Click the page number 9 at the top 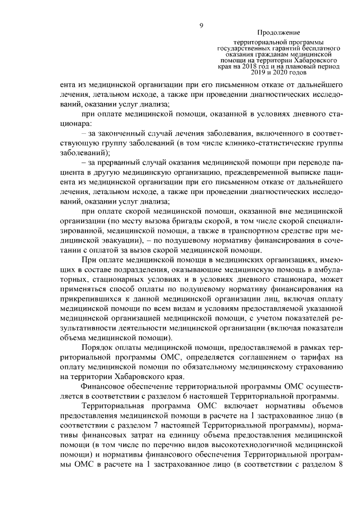click(200, 25)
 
